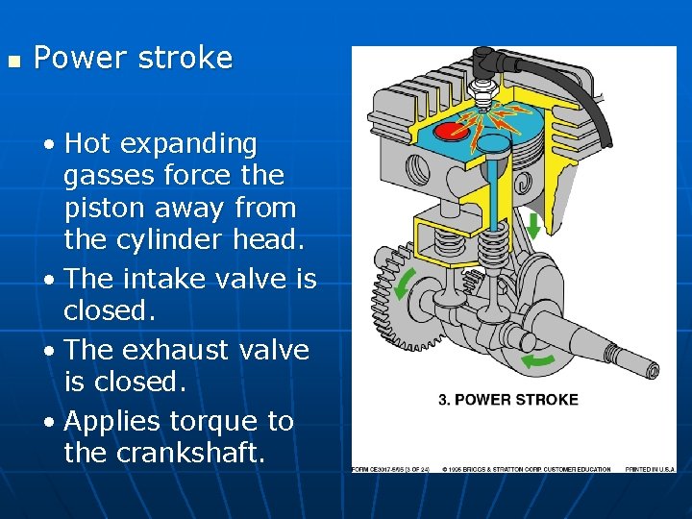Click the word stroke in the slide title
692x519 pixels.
185,58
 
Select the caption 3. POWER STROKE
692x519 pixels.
507,399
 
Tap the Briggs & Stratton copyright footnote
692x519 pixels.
527,469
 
